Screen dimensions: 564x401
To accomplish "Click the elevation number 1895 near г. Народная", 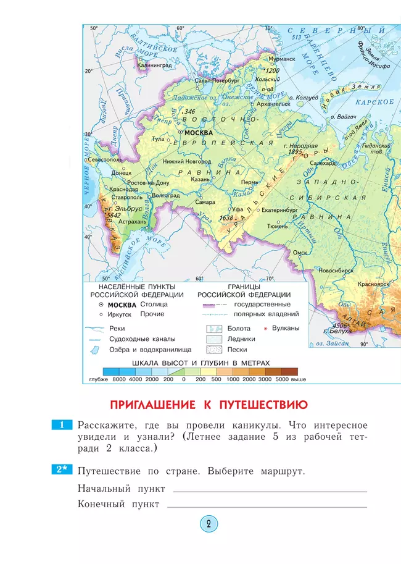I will point(296,151).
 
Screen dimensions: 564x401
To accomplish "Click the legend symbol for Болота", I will point(213,329).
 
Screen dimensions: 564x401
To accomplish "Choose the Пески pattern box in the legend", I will point(213,350).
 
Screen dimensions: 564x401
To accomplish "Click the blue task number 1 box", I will point(62,425).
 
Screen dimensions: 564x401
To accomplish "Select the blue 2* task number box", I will point(62,471).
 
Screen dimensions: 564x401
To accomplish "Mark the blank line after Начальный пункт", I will point(270,491).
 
